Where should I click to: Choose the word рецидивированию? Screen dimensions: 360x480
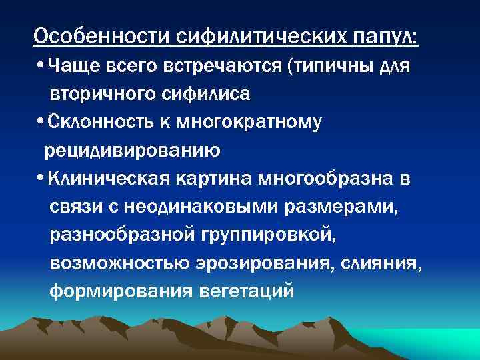click(x=133, y=151)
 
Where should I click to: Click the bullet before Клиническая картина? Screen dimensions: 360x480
click(x=43, y=179)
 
